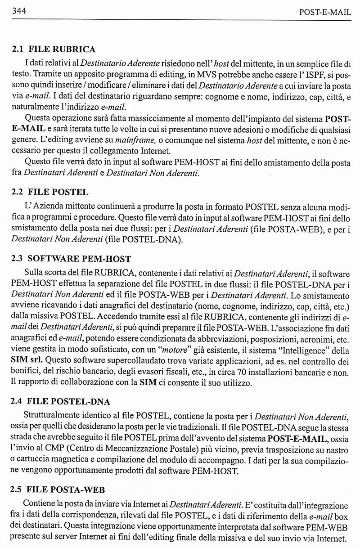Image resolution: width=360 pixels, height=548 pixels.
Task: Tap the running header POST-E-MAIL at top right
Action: [324, 12]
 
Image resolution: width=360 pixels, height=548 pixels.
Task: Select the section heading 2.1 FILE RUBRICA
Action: [53, 49]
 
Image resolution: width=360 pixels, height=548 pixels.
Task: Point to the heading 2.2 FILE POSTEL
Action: [49, 192]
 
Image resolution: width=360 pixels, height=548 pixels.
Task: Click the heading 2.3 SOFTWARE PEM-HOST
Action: [71, 259]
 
